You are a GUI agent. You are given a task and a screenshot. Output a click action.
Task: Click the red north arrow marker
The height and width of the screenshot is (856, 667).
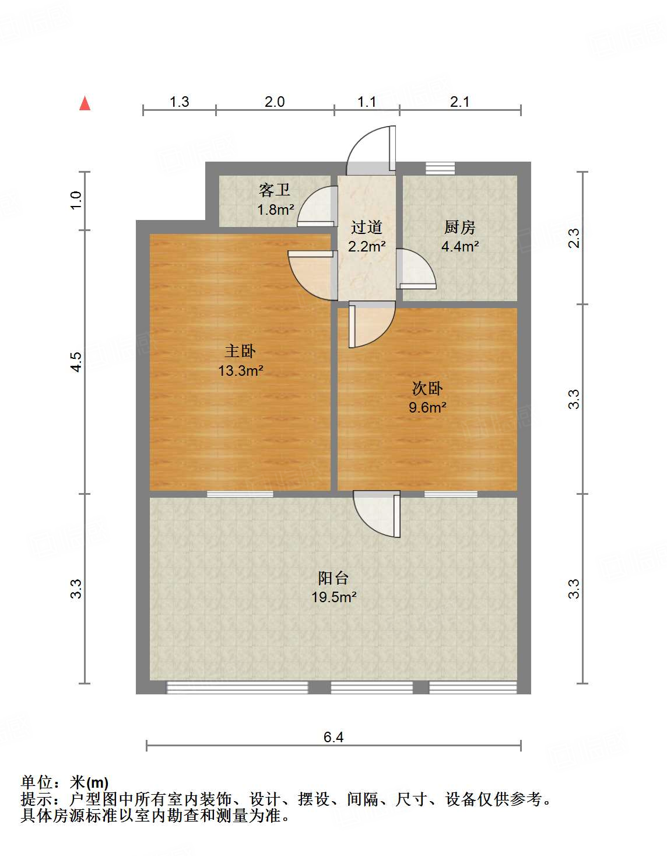click(x=85, y=103)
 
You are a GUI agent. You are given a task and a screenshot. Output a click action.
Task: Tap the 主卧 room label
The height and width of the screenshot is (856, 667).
click(x=240, y=351)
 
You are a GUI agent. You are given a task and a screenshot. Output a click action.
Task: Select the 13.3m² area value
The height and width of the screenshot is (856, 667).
click(x=240, y=371)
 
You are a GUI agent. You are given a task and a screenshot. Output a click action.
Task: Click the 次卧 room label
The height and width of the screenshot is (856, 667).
click(x=427, y=388)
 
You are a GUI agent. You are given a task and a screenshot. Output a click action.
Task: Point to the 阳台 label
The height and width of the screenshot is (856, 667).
click(x=333, y=578)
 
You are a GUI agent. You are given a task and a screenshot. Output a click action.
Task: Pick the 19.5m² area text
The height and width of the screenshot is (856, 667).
click(x=333, y=597)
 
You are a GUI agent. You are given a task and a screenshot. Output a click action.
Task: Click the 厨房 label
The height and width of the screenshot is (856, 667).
click(x=459, y=227)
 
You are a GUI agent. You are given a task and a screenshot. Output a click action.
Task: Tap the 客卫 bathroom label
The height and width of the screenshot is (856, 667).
click(x=275, y=190)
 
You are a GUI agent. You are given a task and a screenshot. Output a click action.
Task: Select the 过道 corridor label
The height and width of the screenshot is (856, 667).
click(x=367, y=227)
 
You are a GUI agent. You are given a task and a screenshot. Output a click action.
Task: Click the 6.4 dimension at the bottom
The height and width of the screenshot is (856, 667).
click(x=333, y=737)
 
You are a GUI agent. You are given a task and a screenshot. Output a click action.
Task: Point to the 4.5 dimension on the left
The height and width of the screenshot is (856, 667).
click(x=76, y=362)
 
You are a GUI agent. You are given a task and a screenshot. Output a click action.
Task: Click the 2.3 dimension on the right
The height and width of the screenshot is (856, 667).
click(x=574, y=238)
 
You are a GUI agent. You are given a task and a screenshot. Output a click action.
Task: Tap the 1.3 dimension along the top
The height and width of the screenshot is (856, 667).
click(x=179, y=102)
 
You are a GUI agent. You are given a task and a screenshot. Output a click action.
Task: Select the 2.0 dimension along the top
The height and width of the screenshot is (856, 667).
click(x=275, y=102)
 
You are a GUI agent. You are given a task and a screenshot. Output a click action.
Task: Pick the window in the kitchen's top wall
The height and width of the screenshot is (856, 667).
click(x=440, y=168)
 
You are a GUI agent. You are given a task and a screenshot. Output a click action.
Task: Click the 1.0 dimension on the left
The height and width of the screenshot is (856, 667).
click(x=76, y=201)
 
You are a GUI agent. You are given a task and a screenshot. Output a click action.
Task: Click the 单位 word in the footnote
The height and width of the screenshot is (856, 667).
click(x=37, y=782)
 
